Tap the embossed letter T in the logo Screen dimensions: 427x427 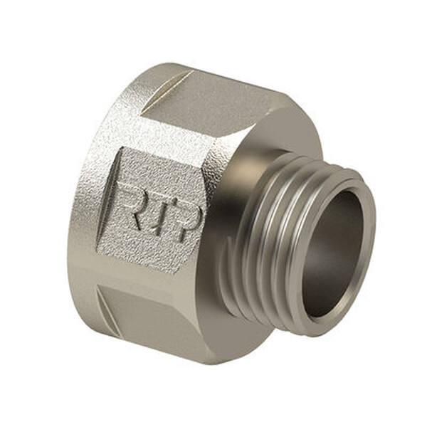pyautogui.click(x=162, y=210)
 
